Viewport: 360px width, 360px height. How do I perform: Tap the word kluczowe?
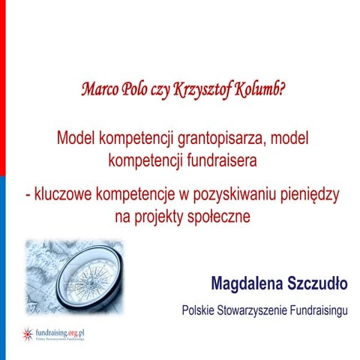62,194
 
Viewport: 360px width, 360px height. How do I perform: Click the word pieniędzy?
309,194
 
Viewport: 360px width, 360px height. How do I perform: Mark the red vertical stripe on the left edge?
2,82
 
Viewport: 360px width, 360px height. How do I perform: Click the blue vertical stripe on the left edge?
2,262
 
